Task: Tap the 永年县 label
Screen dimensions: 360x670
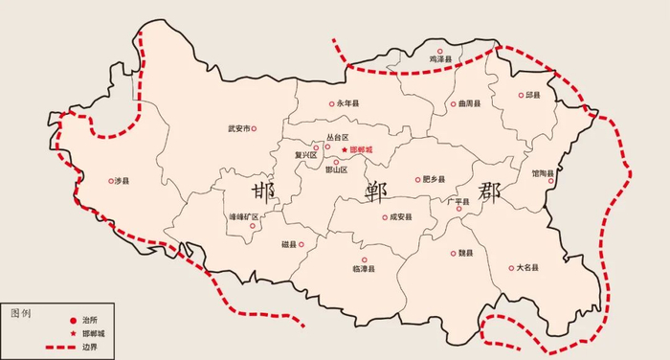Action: pos(347,103)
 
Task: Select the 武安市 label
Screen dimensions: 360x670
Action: pos(238,128)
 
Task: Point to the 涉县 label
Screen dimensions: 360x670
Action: pos(121,180)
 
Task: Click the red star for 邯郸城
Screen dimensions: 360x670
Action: pos(345,150)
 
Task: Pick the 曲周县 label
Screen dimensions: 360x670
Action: pos(470,102)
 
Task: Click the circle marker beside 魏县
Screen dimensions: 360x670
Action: pos(452,254)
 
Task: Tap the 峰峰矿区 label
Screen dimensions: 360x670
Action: pos(243,216)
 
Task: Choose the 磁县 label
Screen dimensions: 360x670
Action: pos(291,245)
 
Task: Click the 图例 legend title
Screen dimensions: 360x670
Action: pos(22,312)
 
